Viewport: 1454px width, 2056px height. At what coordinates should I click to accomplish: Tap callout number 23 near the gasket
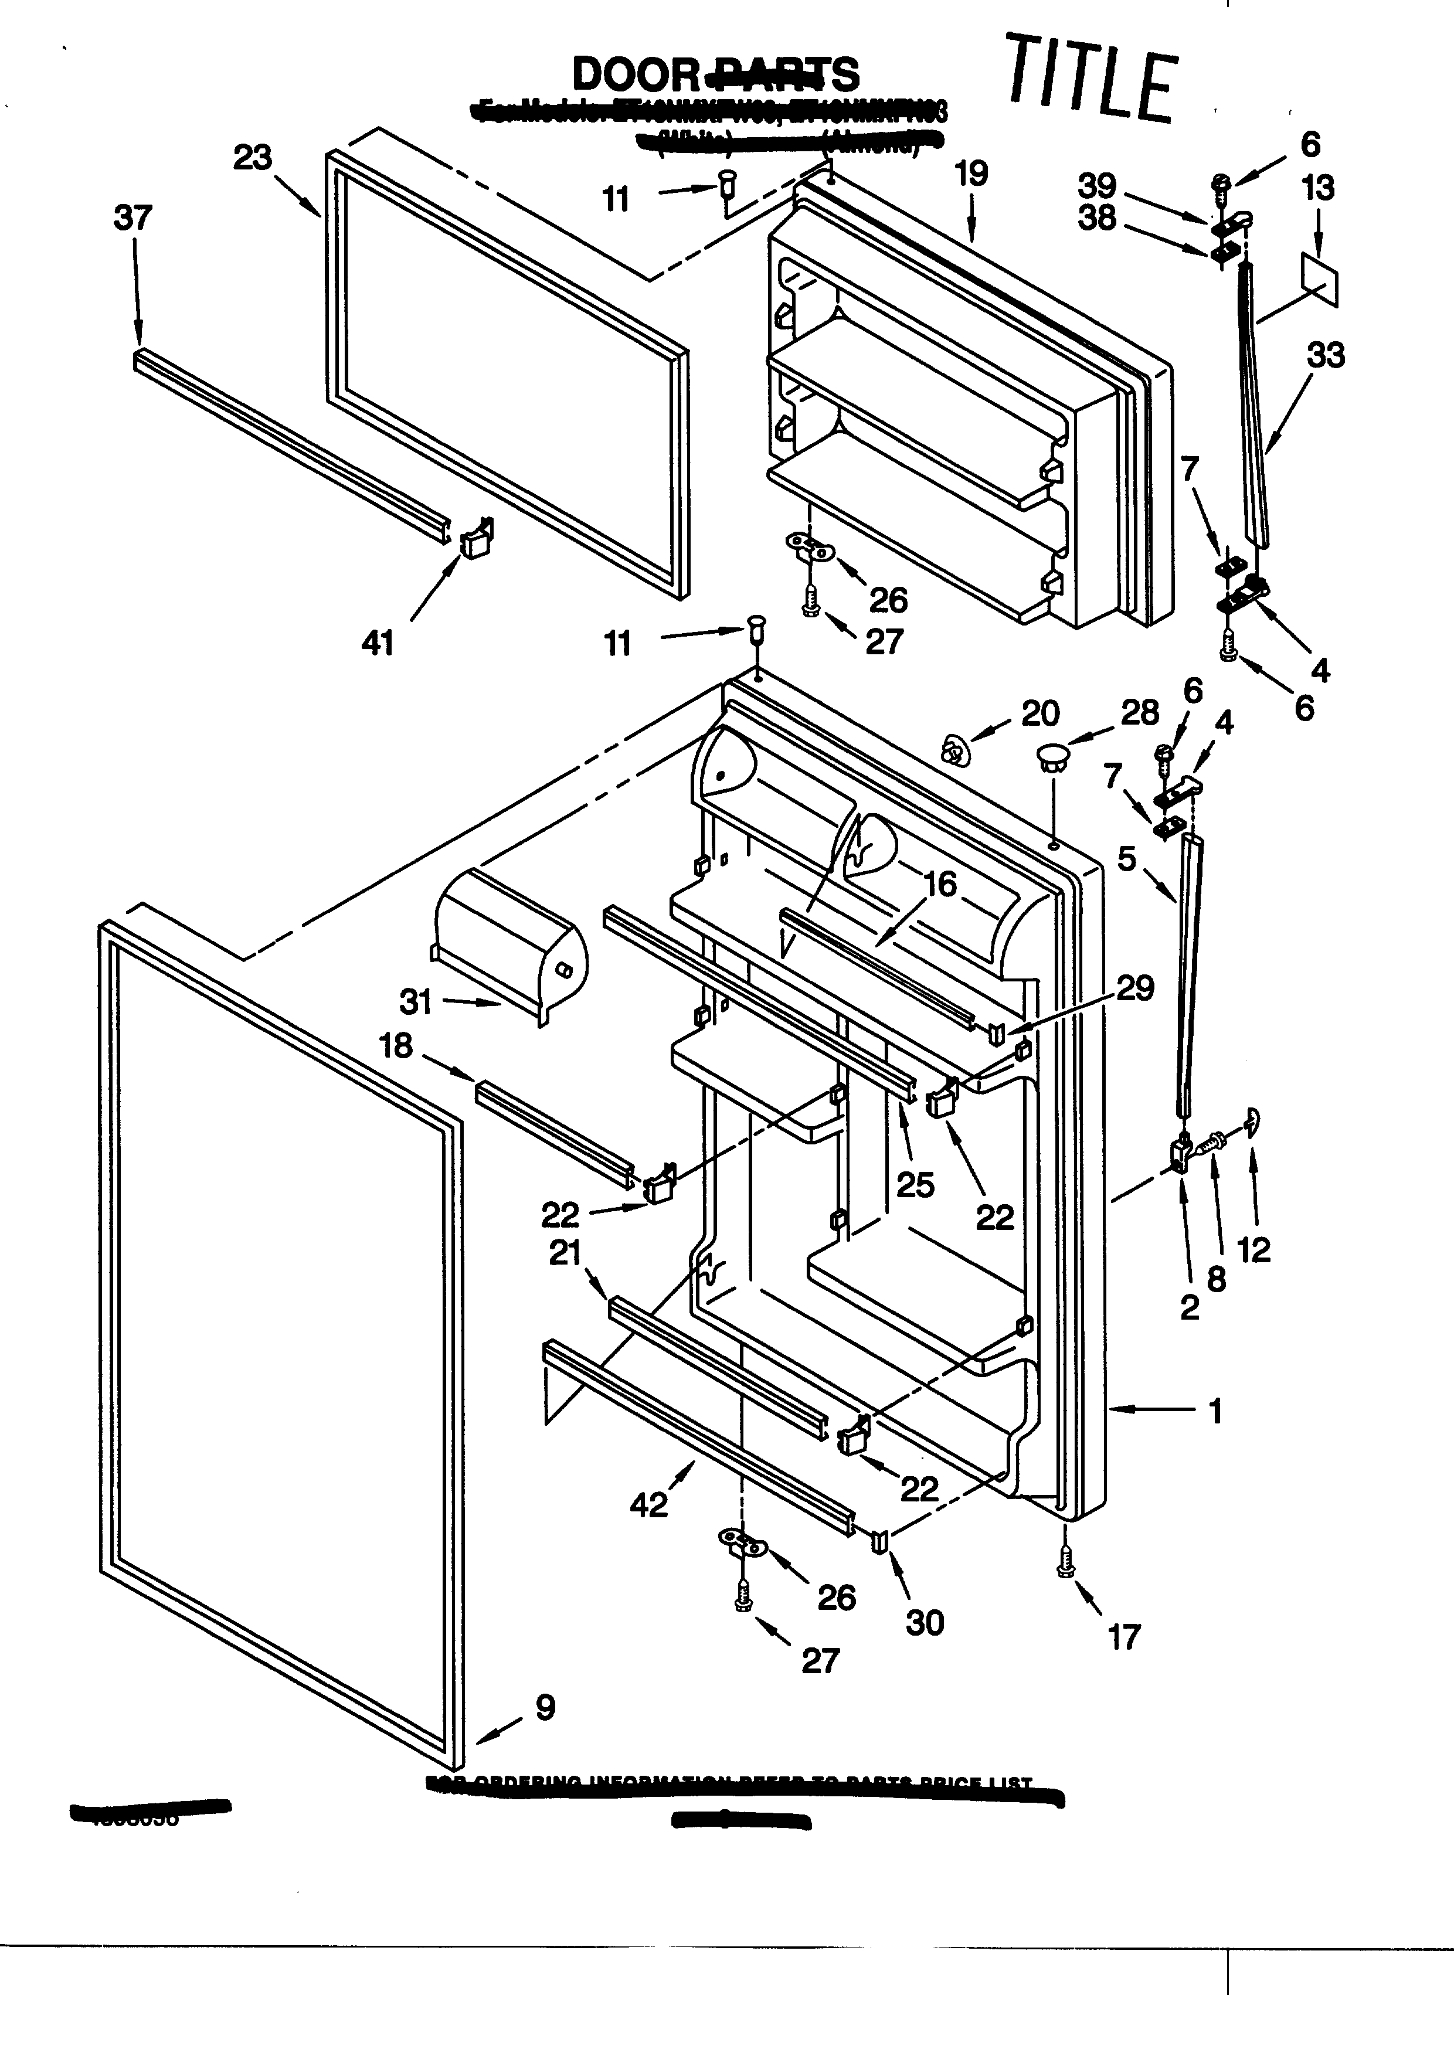point(253,158)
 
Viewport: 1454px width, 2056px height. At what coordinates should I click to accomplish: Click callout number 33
point(1325,355)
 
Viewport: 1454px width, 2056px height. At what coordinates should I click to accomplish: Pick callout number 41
point(377,643)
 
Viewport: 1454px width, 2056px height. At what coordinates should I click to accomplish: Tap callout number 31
point(416,1002)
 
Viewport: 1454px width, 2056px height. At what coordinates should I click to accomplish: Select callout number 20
point(1039,713)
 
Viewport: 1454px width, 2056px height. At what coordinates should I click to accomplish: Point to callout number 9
point(545,1708)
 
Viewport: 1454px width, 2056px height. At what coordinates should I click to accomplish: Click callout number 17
point(1124,1638)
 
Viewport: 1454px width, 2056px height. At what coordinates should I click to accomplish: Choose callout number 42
point(648,1506)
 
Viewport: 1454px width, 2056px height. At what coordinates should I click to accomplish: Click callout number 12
point(1253,1249)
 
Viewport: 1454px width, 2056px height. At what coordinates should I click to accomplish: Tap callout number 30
point(924,1623)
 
